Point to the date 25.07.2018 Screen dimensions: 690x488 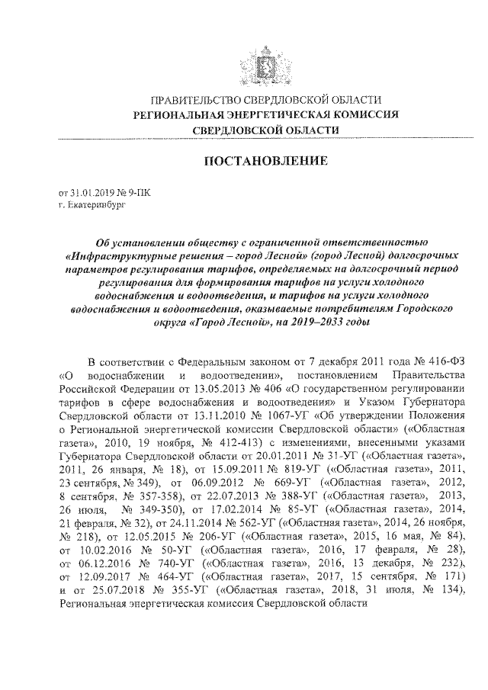(112, 586)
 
